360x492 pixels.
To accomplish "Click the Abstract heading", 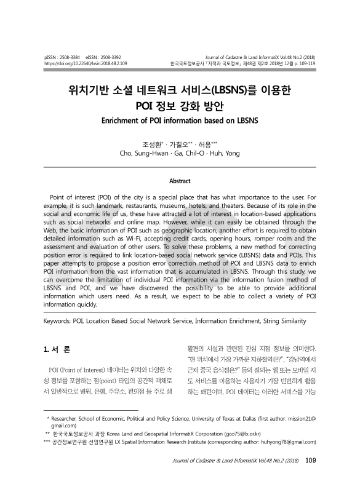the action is tap(180, 181).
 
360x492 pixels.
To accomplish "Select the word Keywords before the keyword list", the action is tap(59, 320).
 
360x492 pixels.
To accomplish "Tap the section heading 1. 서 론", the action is tap(57, 351).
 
